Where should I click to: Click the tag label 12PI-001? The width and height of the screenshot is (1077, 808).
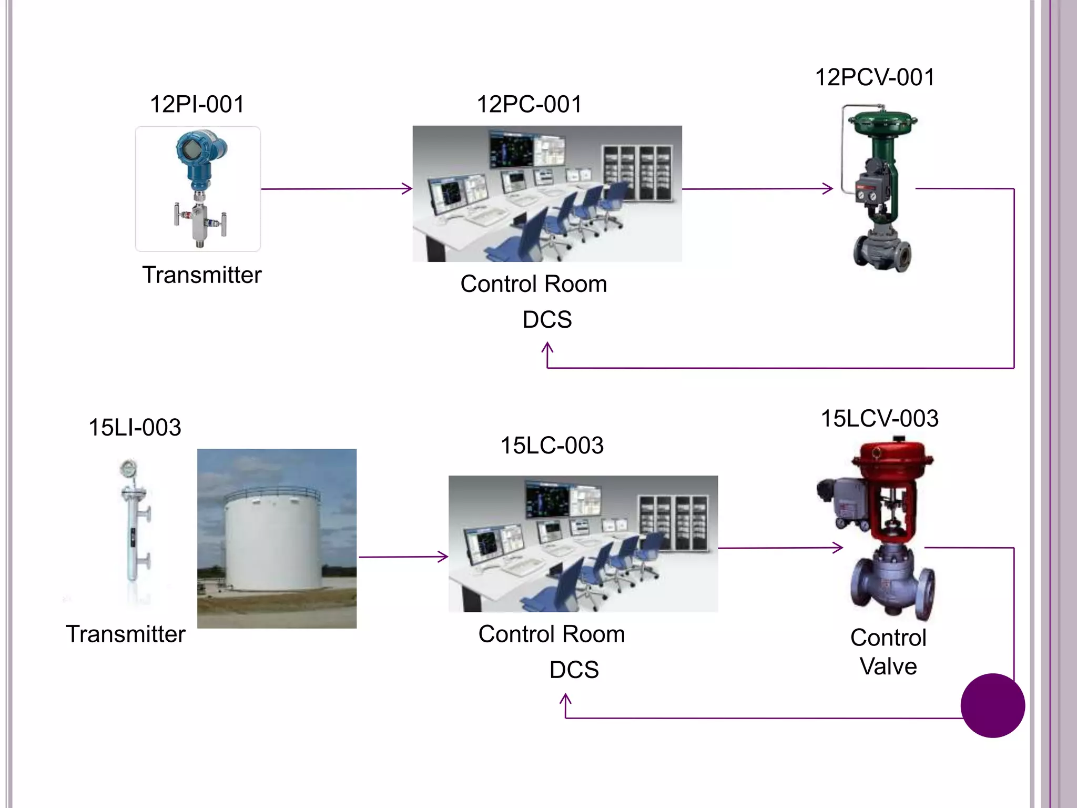(x=197, y=104)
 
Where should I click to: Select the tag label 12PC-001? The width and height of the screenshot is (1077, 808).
(x=529, y=104)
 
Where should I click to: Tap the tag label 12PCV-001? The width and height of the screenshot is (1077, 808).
(x=875, y=77)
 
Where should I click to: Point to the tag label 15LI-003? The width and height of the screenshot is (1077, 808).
(x=135, y=427)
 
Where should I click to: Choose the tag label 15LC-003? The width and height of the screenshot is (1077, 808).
(x=552, y=446)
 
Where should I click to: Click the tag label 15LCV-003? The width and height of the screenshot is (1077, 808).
(x=879, y=419)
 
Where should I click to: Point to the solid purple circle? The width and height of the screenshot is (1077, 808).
(x=992, y=705)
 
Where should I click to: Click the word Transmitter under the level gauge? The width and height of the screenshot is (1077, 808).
(x=126, y=634)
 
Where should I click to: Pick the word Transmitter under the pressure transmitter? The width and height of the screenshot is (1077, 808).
(x=202, y=275)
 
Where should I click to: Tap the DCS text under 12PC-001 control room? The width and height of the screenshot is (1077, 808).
(x=547, y=320)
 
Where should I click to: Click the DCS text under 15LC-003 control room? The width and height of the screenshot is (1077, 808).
(x=574, y=670)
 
